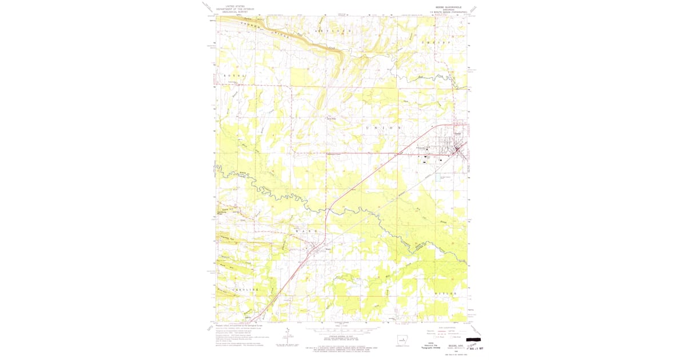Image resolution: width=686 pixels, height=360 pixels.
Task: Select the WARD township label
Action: click(306, 231)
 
